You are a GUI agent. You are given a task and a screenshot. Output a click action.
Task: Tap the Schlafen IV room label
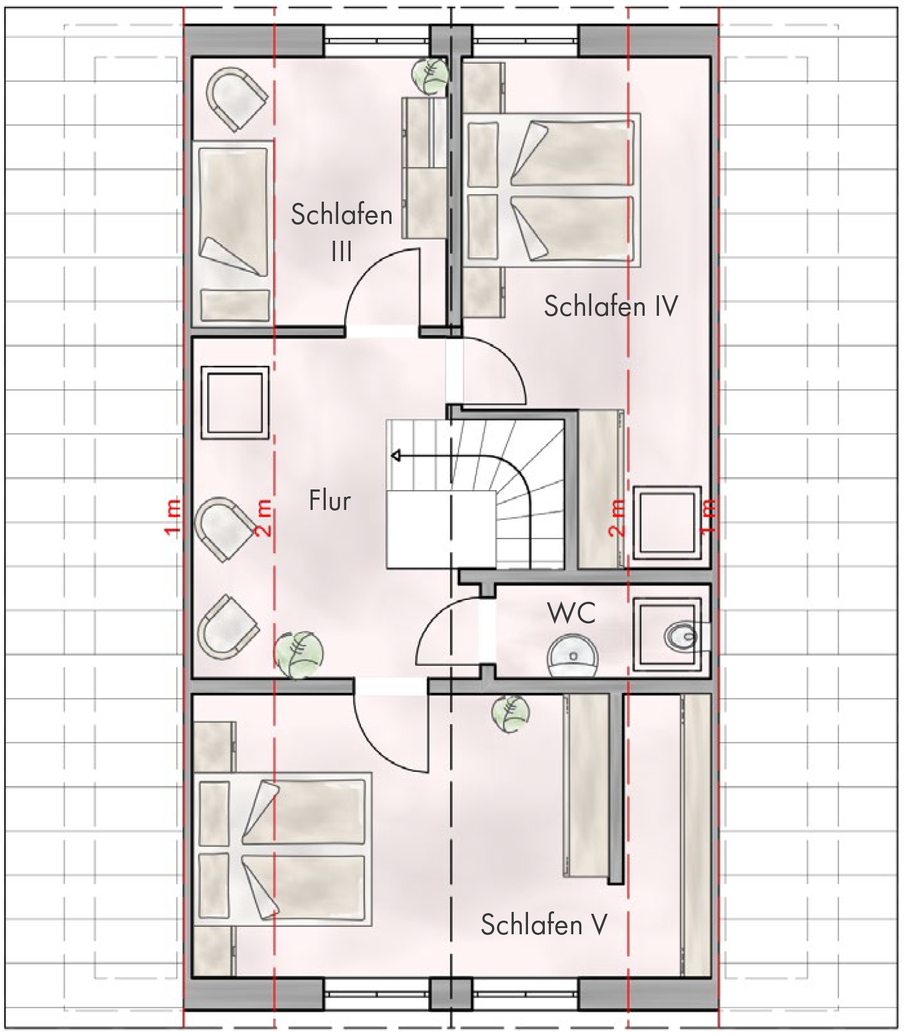click(611, 306)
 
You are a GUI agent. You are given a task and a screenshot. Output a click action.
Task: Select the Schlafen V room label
click(544, 925)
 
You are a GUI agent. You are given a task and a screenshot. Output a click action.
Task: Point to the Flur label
click(329, 501)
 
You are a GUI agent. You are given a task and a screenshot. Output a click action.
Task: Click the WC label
click(571, 613)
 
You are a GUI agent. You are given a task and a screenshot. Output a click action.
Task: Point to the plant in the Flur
click(299, 654)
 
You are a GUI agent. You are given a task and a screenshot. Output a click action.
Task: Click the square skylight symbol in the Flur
click(235, 402)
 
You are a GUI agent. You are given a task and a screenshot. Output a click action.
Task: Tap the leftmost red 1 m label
click(173, 516)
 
